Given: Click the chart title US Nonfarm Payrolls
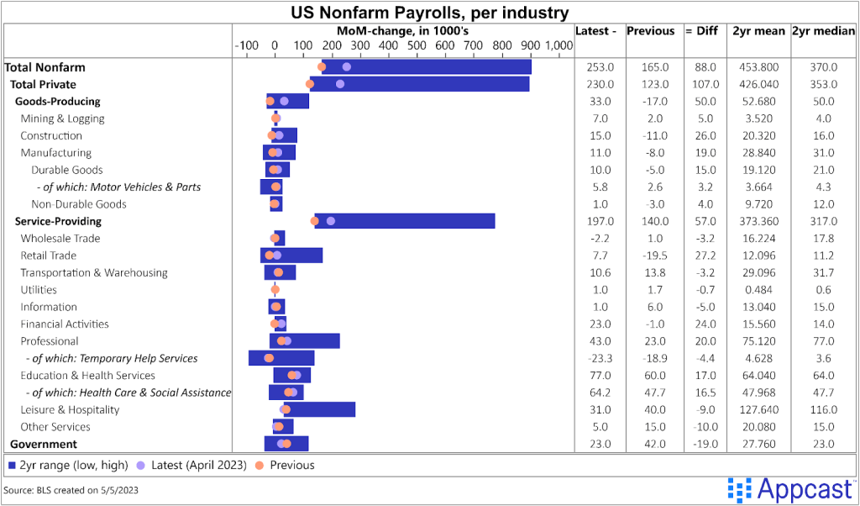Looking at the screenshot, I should point(429,13).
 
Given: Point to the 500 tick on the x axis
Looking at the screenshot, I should point(417,45).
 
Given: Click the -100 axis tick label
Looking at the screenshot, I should point(247,45).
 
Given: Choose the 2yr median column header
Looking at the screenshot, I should point(825,31).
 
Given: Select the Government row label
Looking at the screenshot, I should point(44,444).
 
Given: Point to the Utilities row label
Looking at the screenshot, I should point(39,290).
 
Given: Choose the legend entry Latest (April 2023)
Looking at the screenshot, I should point(195,465).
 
